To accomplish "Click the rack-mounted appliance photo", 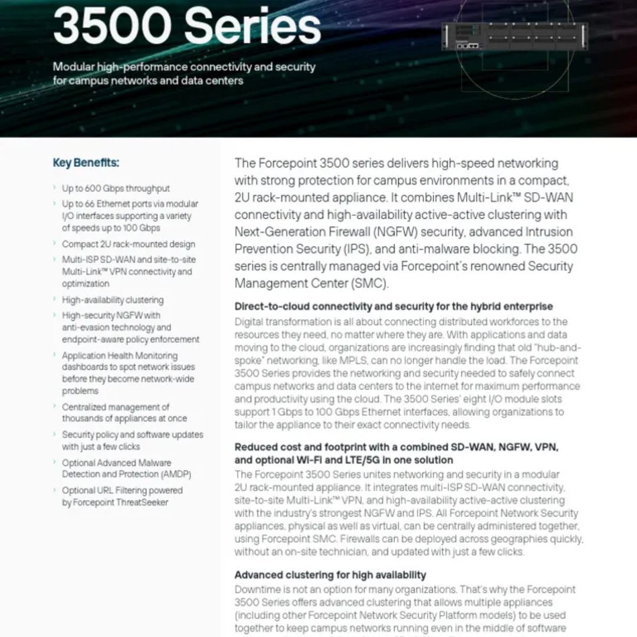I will point(514,37).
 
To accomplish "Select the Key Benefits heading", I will point(86,163).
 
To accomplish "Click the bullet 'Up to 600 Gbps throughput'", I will point(116,189).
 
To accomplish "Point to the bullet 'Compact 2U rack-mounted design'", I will point(128,244).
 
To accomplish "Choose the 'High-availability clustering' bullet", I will point(113,300).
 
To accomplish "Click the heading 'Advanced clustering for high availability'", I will point(330,574).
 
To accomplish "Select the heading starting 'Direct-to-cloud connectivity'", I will point(393,306).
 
